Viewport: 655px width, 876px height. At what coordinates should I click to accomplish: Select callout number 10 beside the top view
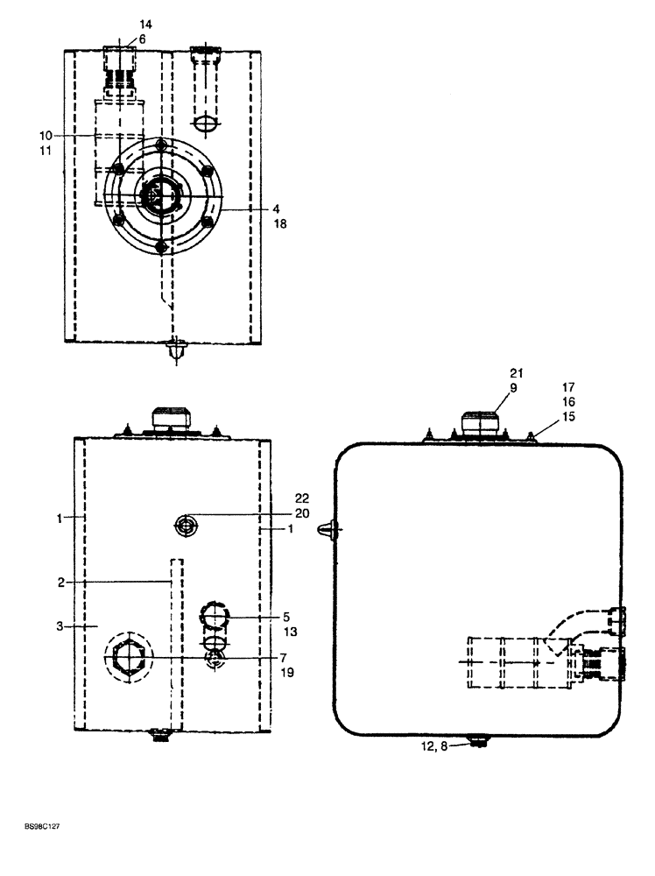(x=46, y=135)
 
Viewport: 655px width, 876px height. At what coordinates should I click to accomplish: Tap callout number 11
(x=46, y=151)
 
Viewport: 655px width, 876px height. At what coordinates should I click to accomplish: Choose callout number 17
(x=569, y=385)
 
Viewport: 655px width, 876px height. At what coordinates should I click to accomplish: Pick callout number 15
(x=569, y=417)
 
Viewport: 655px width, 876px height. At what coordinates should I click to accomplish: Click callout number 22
(x=278, y=500)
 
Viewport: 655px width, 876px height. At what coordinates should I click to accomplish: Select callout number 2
(x=60, y=582)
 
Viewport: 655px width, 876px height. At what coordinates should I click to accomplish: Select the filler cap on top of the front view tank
(x=171, y=417)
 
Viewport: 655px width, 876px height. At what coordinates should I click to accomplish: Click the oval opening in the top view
(x=206, y=125)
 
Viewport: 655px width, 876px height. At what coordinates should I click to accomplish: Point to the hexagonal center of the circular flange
(x=161, y=194)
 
